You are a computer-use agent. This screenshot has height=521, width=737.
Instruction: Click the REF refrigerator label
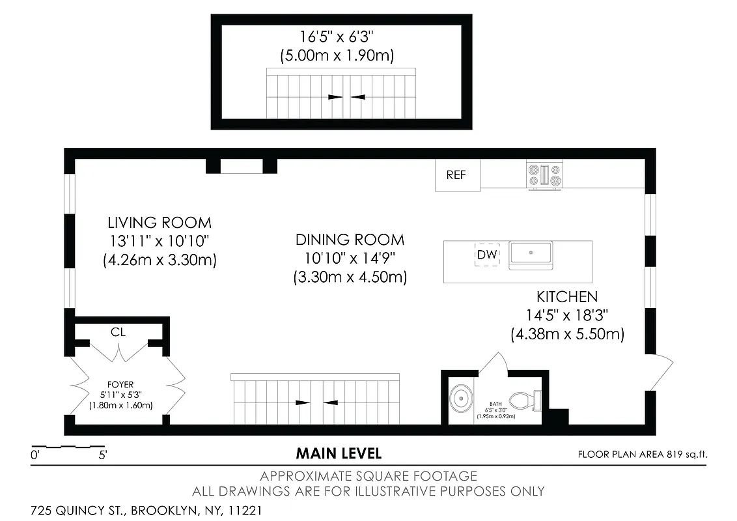[x=456, y=175]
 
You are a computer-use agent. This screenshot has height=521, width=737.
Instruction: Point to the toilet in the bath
[x=525, y=400]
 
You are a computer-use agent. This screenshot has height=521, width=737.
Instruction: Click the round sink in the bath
[x=462, y=397]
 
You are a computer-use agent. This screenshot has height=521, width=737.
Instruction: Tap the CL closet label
[x=118, y=332]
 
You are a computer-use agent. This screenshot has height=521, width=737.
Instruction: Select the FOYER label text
[x=120, y=385]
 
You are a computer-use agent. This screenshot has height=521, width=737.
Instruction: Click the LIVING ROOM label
[x=160, y=223]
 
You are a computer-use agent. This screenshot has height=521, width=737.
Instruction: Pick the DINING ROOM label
[x=350, y=240]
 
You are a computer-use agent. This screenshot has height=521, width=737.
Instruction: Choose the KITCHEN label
[x=566, y=297]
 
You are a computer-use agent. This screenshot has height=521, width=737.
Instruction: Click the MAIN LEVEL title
[x=339, y=453]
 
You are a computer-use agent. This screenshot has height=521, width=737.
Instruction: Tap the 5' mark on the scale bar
[x=102, y=456]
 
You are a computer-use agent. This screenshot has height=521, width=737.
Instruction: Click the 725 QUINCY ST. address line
[x=146, y=511]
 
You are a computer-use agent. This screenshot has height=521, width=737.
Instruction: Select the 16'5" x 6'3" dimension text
[x=337, y=37]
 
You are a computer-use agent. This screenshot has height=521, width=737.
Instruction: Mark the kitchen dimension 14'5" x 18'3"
[x=566, y=316]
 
